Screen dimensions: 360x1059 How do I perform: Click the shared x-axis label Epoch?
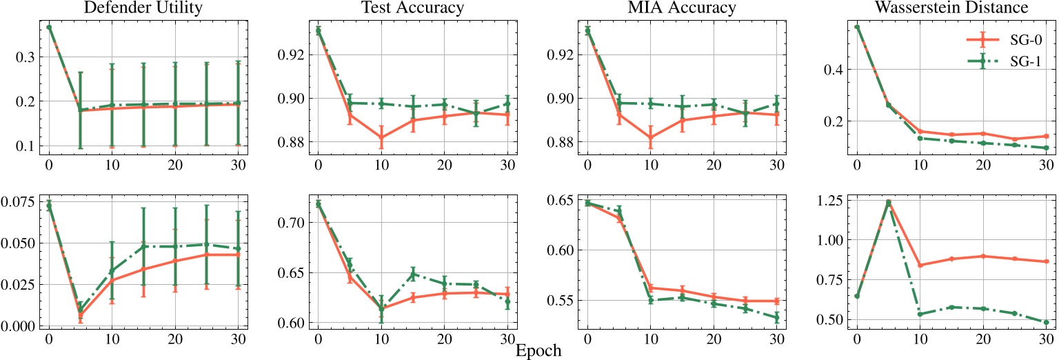538,350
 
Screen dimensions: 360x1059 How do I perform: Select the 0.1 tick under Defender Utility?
24,146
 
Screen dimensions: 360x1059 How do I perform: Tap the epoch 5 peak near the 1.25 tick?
888,202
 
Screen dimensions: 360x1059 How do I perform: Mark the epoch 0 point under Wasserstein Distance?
857,27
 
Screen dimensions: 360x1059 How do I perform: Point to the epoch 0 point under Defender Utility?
49,27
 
